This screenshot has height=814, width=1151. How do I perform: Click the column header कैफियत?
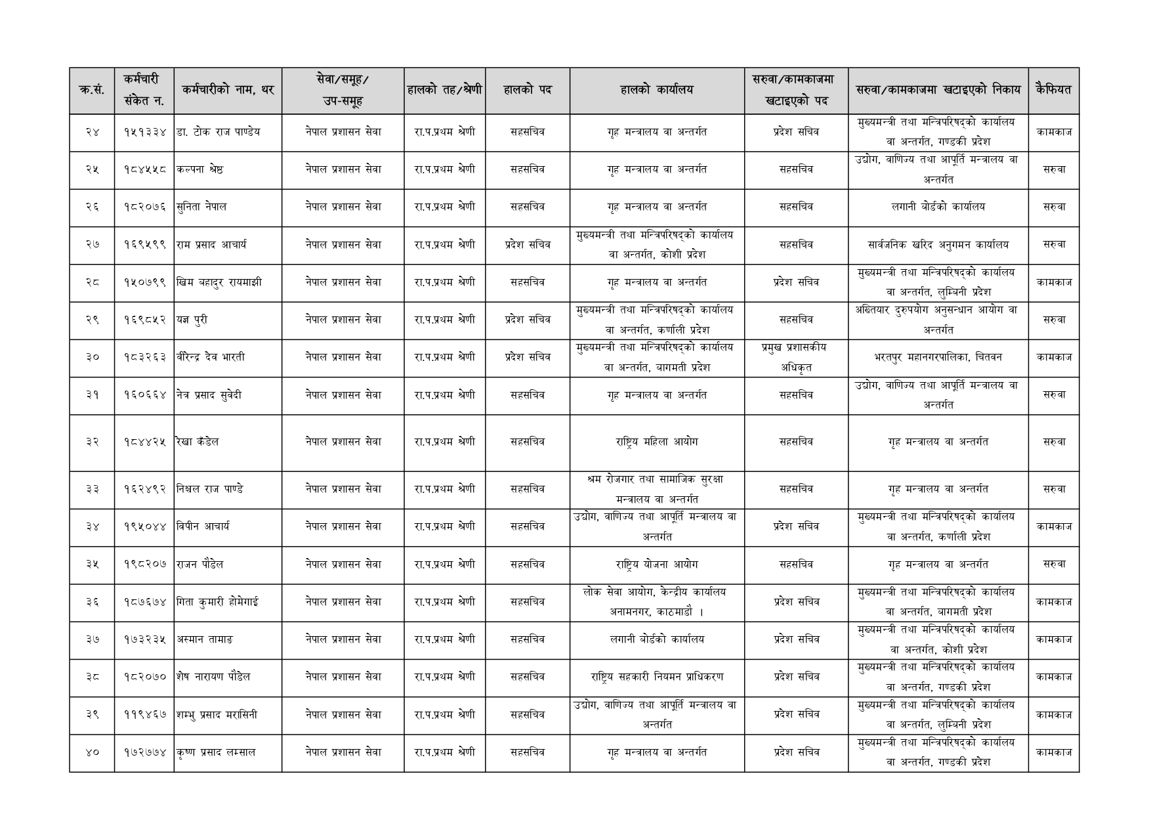[x=1053, y=90]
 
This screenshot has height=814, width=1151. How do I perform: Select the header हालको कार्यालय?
[x=656, y=90]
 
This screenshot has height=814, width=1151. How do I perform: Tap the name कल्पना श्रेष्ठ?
[x=199, y=169]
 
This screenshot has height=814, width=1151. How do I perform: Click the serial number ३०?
[x=92, y=358]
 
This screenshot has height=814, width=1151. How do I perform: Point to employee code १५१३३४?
[x=145, y=132]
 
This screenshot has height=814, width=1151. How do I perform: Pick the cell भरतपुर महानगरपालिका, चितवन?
[x=938, y=358]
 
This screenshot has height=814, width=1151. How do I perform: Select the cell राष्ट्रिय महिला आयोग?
[x=656, y=442]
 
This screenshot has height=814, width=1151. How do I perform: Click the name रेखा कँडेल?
[x=198, y=442]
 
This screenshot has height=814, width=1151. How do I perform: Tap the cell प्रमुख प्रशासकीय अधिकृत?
[x=795, y=358]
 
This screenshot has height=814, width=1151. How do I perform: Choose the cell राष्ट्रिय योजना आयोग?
[x=656, y=565]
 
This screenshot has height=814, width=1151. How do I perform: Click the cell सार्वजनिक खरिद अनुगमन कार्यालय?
[x=938, y=245]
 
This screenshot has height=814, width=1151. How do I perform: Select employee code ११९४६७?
[x=145, y=715]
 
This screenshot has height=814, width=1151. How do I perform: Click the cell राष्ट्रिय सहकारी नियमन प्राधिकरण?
[x=656, y=677]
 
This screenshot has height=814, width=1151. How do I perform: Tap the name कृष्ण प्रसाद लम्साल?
[x=216, y=753]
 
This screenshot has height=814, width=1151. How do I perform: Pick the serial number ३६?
[x=92, y=602]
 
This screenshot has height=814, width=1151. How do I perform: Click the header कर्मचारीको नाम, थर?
[x=228, y=90]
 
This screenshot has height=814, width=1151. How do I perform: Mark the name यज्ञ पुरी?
[x=192, y=320]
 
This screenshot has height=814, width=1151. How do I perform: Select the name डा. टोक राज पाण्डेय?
[x=218, y=132]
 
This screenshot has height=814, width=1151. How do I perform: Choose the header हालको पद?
[x=527, y=90]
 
